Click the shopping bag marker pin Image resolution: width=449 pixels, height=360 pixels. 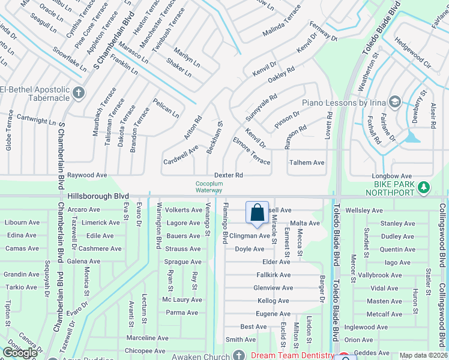(257, 213)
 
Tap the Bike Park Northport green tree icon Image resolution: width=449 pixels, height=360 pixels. (424, 187)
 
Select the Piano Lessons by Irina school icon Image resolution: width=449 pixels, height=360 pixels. (395, 102)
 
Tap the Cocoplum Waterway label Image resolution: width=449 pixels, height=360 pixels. (208, 187)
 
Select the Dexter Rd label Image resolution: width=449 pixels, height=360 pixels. (229, 175)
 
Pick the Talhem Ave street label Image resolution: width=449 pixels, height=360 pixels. (307, 163)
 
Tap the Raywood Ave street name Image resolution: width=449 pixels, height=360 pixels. (87, 175)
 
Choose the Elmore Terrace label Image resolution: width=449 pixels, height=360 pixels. (252, 151)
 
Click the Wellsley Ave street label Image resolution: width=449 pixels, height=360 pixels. (364, 211)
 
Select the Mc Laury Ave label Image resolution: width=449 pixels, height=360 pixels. (182, 299)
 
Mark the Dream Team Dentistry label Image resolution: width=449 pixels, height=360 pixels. (293, 355)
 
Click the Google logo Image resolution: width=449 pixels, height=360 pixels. (20, 353)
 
